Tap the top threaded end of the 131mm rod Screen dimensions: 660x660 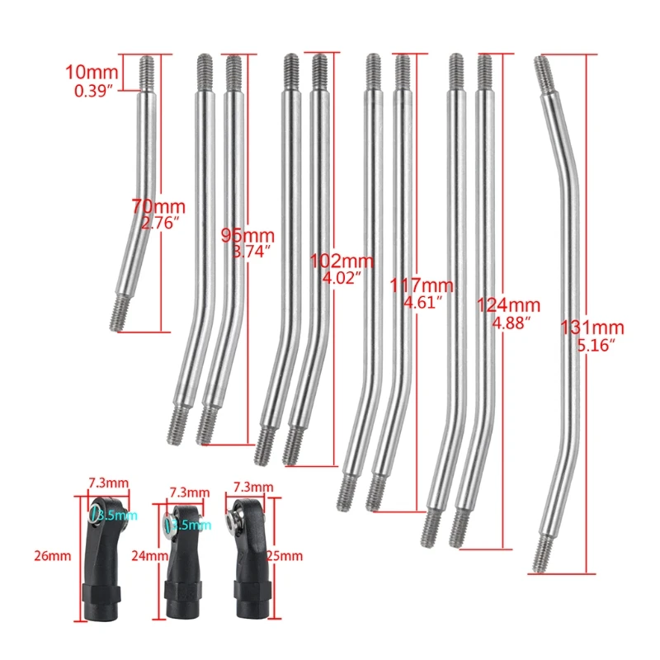(x=544, y=74)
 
